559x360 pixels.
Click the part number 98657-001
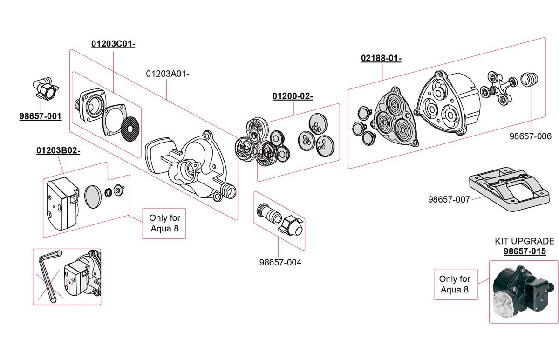click(x=40, y=116)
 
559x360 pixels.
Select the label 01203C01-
click(x=113, y=44)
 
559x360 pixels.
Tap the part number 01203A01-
click(x=168, y=74)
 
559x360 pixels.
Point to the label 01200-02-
click(x=293, y=96)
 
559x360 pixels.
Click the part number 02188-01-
click(x=381, y=58)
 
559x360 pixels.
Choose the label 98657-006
click(x=530, y=136)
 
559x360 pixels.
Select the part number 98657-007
click(x=449, y=199)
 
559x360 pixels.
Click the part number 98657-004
click(x=280, y=263)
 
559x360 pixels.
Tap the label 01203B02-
click(x=58, y=151)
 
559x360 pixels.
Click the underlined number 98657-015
click(x=525, y=251)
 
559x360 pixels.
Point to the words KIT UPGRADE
click(x=525, y=241)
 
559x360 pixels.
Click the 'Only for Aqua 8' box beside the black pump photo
click(x=455, y=284)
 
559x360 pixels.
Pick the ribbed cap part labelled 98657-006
click(x=528, y=80)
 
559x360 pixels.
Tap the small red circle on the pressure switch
click(x=70, y=282)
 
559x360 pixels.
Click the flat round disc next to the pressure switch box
click(x=94, y=197)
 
